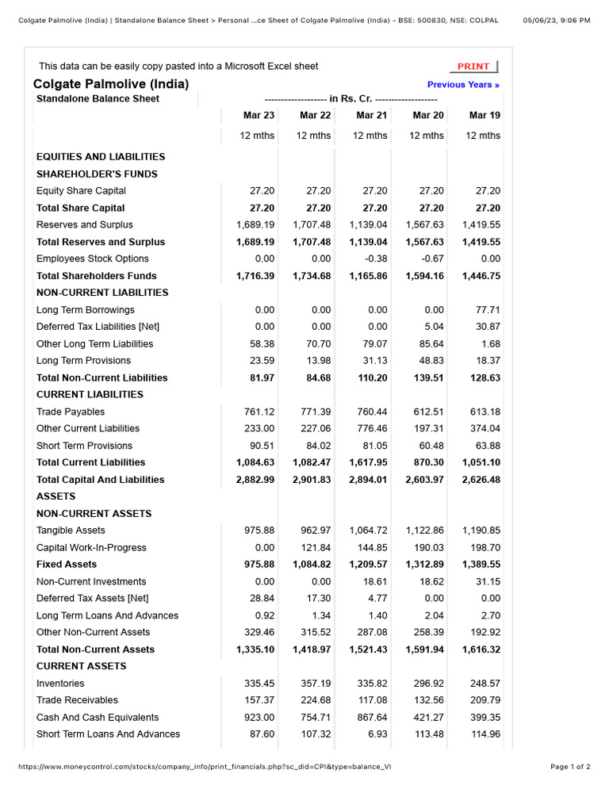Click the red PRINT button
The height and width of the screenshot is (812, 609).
473,67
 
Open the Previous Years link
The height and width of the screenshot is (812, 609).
463,85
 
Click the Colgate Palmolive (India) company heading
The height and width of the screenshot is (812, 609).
111,84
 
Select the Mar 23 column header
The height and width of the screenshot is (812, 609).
258,116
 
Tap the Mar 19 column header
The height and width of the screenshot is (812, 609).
485,116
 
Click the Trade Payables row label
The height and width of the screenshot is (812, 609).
71,412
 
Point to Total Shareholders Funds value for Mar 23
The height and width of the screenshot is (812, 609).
255,276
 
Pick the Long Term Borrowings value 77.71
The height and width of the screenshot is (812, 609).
488,310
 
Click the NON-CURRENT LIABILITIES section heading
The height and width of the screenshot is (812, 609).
102,293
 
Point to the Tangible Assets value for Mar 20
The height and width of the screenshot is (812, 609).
425,530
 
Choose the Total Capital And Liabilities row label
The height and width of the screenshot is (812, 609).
101,480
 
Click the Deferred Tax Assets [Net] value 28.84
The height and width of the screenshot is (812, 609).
262,599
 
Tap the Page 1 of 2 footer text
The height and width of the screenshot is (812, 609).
570,767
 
